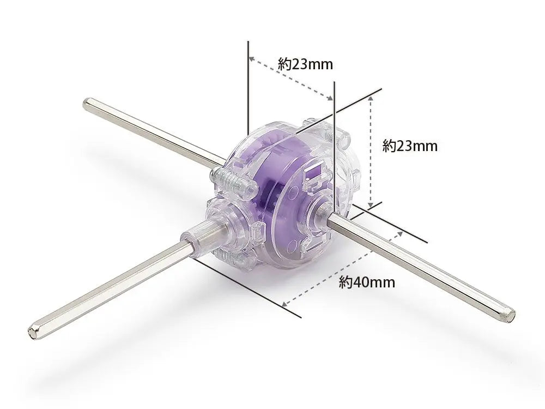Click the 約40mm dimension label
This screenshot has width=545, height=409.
tap(367, 282)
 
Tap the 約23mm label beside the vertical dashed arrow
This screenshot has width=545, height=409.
tap(410, 146)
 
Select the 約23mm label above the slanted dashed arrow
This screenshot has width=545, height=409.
tap(305, 64)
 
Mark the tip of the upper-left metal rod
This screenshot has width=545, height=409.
tap(84, 103)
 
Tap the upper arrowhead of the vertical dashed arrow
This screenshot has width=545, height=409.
tap(371, 99)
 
